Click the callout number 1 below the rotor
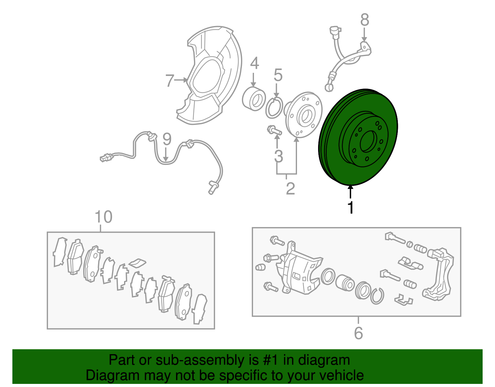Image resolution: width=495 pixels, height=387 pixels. pos(351,207)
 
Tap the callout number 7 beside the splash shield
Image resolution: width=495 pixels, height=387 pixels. pos(170,81)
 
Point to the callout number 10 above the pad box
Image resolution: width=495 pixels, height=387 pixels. pos(103,217)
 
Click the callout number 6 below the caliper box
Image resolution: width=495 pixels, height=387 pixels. pos(358,333)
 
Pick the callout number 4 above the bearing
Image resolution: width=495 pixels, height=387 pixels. pos(254,63)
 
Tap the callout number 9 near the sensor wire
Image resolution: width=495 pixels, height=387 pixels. pos(167,139)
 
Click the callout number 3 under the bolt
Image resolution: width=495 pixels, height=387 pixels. pos(278,156)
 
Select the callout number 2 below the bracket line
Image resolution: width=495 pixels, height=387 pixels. pos(290,188)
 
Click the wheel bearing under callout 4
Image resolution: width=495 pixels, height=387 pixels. pos(254,99)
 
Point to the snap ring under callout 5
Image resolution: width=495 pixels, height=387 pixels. pos(274,108)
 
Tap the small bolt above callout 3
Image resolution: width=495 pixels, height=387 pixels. pos(274,130)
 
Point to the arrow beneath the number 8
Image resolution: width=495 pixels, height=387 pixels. pos(364,35)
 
